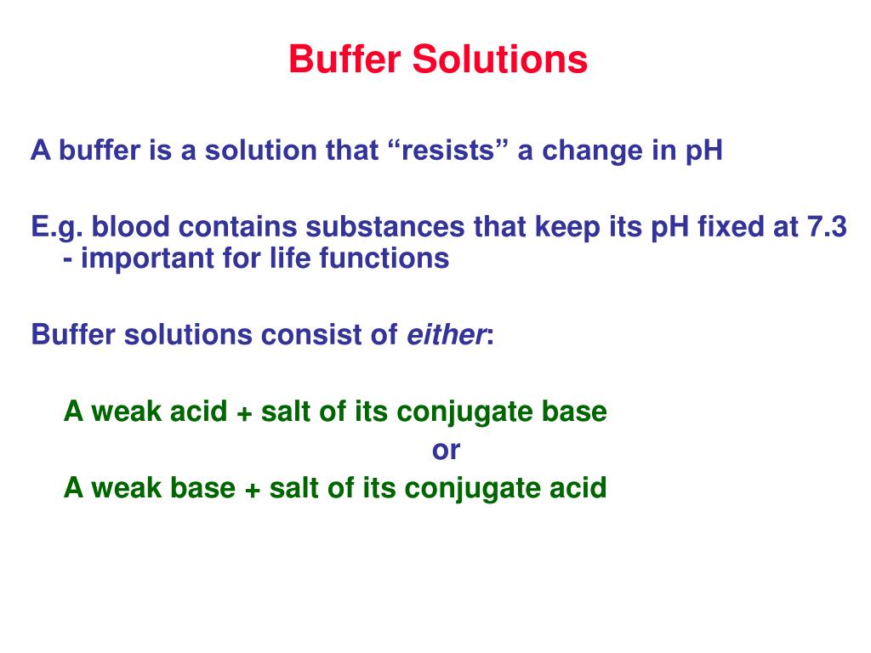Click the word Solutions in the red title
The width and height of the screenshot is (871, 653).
pos(500,60)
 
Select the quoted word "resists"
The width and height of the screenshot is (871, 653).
pos(447,151)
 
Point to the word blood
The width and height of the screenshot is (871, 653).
pos(128,228)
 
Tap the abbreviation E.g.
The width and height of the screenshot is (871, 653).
pos(57,228)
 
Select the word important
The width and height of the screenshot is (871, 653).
pos(150,258)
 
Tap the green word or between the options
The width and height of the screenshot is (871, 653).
pos(446,451)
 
